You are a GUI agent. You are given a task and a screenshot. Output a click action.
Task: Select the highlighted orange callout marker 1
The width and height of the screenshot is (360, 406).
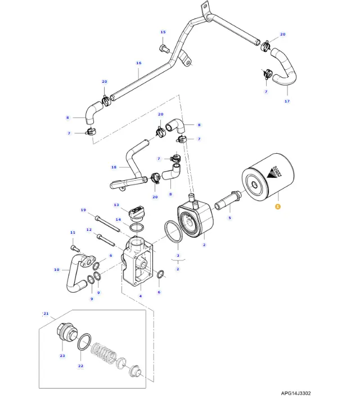point(277,207)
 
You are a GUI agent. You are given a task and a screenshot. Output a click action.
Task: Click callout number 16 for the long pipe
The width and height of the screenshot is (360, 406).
point(138,63)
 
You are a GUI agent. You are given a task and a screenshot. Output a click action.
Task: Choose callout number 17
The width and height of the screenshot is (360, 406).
point(287,101)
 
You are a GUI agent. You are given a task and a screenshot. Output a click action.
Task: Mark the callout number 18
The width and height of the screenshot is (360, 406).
point(114,167)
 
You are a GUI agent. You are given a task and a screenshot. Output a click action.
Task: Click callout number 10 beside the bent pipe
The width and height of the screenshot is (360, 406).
point(56,270)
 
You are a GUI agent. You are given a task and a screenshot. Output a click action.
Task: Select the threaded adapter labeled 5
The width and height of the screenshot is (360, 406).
point(231,200)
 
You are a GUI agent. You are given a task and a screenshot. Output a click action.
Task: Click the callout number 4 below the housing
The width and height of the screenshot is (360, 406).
point(140,296)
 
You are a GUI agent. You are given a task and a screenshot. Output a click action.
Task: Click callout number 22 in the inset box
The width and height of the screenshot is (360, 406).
point(80,366)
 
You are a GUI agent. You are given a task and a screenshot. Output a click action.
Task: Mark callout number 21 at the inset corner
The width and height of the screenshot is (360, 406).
point(46,313)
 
